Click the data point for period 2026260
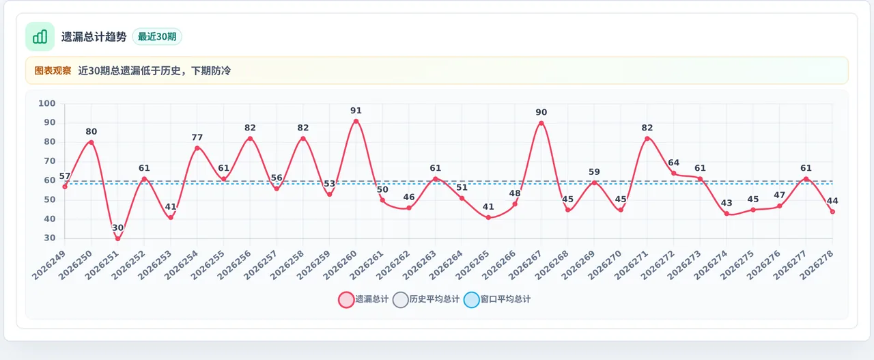[356, 122]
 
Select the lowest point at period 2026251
[118, 238]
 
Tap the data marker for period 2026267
[541, 124]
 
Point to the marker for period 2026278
[832, 212]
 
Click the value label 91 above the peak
[356, 111]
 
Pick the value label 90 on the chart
[541, 113]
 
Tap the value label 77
[197, 137]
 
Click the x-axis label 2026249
[48, 265]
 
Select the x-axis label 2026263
[419, 265]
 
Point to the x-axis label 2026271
[632, 265]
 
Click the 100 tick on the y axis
[47, 103]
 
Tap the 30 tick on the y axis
[50, 238]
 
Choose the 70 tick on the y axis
[50, 161]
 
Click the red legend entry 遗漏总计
[363, 299]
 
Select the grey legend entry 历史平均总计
[426, 299]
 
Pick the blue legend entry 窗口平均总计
[497, 299]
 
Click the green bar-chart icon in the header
[40, 37]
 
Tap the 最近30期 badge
[157, 37]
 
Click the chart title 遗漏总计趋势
[94, 37]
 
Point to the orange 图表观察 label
[53, 70]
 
